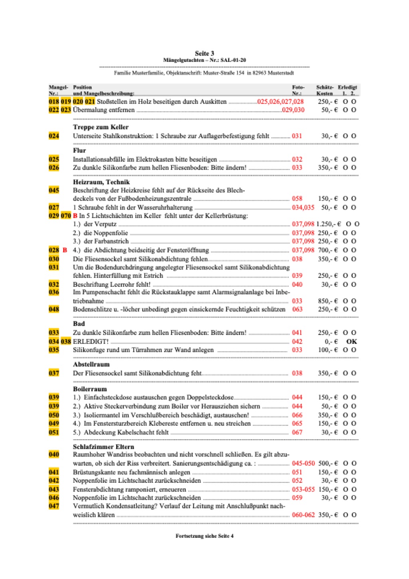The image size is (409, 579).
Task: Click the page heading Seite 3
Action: (x=204, y=53)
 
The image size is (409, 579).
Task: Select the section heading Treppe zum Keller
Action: (x=101, y=127)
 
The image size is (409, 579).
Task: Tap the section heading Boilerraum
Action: (x=90, y=389)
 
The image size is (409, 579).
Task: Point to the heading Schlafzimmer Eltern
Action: (x=103, y=446)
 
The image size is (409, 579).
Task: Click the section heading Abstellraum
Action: (x=91, y=364)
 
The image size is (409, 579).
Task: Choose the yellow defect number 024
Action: (x=54, y=136)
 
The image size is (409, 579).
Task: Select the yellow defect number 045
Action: (x=54, y=190)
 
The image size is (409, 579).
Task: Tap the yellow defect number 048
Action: (x=54, y=309)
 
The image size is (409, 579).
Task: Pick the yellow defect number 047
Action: (x=54, y=506)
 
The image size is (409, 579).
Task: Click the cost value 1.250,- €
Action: (x=329, y=224)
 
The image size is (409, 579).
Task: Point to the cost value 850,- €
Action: (x=328, y=301)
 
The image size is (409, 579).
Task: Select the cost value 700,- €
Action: (x=328, y=250)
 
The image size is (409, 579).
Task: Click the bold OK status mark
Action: (x=351, y=341)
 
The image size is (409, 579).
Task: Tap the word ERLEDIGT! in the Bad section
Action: (x=91, y=341)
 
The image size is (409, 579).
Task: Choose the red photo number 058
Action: (x=297, y=198)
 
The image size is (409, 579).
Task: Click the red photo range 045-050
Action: (x=303, y=463)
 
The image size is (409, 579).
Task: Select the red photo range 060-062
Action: (x=303, y=515)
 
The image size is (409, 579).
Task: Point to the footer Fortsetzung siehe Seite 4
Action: (x=204, y=536)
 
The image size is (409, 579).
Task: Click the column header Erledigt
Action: (x=347, y=87)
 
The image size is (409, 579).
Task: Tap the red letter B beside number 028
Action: (x=65, y=250)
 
